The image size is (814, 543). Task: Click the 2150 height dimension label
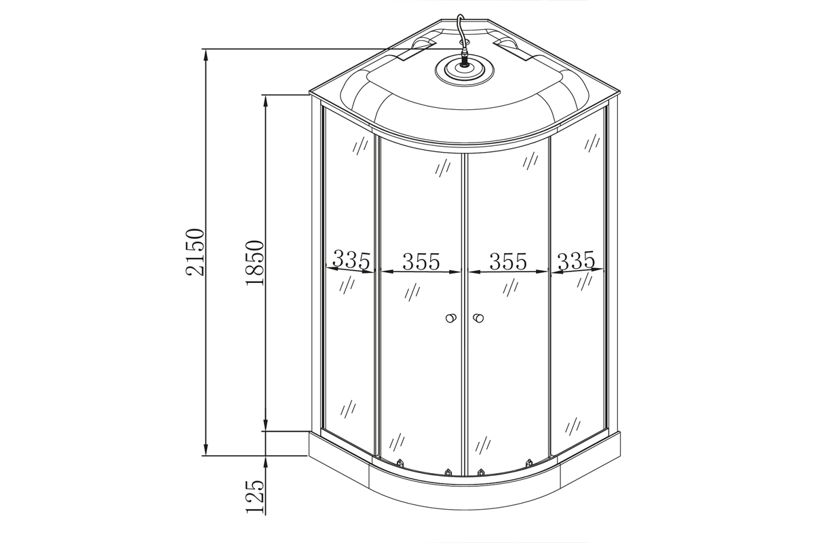[195, 252]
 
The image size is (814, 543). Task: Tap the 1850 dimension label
[254, 263]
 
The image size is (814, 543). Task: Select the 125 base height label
[254, 496]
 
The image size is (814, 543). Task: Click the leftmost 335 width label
[351, 259]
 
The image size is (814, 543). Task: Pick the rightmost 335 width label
[577, 260]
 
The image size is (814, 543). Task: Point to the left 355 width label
[421, 261]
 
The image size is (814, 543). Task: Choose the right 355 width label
[508, 261]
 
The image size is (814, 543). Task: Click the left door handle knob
[451, 318]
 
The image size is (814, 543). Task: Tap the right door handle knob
[478, 318]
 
